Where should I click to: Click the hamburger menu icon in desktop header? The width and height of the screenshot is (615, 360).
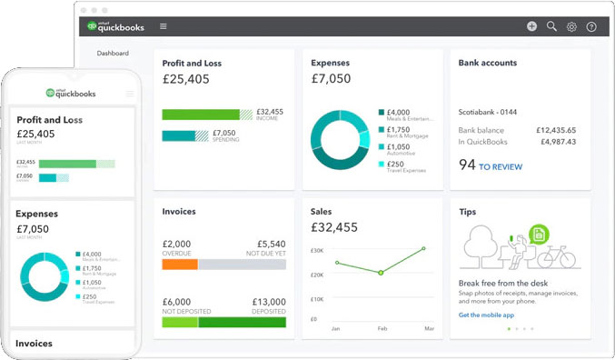coord(163,26)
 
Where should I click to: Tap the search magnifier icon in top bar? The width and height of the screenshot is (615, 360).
coord(551,26)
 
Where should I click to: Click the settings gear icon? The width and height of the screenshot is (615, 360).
coord(571,26)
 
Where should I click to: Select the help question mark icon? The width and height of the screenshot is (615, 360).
coord(591,26)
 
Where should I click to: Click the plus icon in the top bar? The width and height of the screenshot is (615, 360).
coord(531,26)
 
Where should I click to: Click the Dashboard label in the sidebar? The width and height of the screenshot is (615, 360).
coord(113,54)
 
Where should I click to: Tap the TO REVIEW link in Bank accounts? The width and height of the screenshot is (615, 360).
coord(501,166)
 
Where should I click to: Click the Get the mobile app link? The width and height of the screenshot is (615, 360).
coord(486,315)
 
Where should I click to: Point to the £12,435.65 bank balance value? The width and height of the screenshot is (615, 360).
coord(555,130)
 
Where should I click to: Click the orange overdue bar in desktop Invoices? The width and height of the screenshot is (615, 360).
coord(180,265)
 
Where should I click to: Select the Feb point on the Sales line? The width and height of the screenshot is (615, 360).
coord(381,273)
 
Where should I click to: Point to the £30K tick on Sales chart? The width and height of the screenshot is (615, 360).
coord(317,250)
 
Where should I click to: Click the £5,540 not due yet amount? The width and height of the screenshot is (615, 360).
coord(271,244)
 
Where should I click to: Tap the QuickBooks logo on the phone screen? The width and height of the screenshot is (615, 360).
coord(71,93)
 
